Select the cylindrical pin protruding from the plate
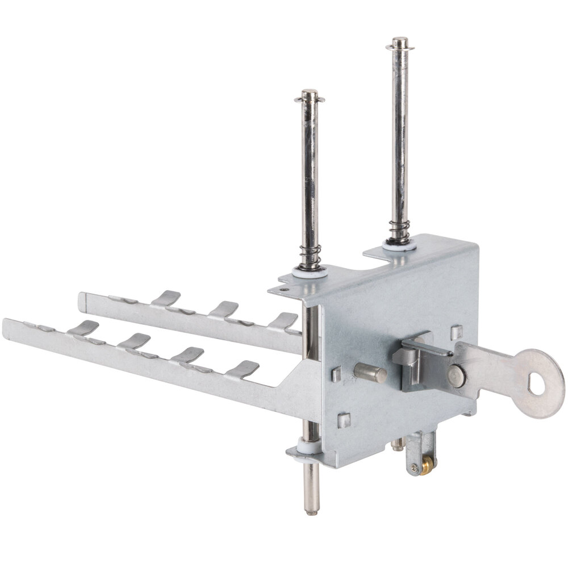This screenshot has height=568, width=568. (370, 373)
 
